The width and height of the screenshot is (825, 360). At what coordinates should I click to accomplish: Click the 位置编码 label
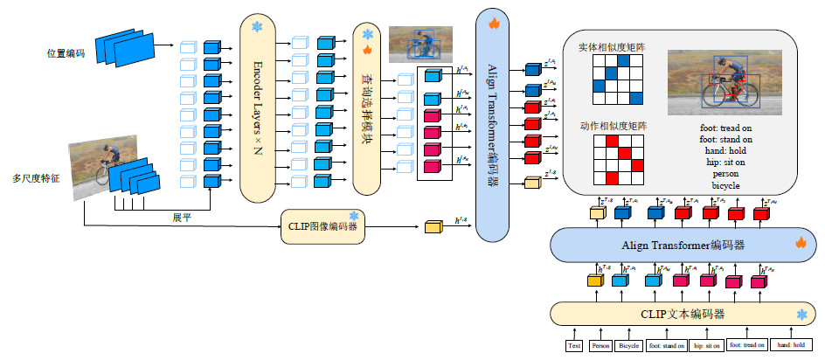[x=66, y=53]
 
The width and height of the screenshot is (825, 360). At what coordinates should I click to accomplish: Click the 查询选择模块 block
[x=368, y=109]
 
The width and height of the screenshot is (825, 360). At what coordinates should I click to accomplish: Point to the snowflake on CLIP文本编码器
[x=800, y=314]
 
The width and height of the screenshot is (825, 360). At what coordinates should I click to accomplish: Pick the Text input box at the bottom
[x=574, y=345]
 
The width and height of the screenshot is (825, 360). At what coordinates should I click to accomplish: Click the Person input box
[x=601, y=345]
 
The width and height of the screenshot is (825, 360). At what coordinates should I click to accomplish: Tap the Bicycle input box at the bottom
[x=629, y=345]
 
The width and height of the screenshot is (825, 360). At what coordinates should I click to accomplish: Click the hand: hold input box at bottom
[x=791, y=345]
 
